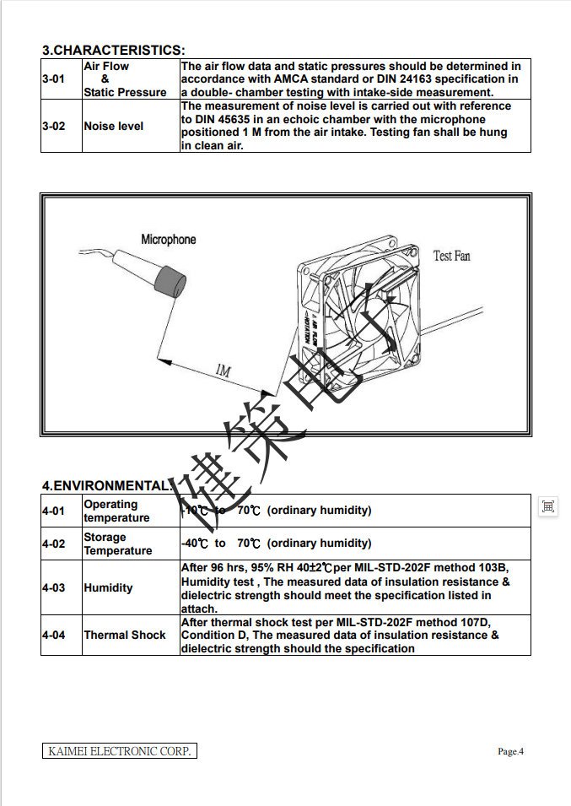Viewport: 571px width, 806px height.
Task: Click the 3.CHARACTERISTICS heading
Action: pos(113,51)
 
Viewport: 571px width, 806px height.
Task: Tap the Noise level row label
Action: pos(113,126)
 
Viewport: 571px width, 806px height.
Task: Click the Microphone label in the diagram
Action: pos(168,240)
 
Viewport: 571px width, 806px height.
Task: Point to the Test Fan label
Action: pos(451,256)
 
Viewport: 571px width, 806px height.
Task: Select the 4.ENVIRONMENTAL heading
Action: pos(106,486)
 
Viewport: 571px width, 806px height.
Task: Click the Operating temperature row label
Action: pos(116,511)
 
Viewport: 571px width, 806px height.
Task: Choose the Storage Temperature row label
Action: pos(117,544)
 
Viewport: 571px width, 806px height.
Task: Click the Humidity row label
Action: pos(108,587)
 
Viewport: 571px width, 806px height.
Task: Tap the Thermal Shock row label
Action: pos(124,635)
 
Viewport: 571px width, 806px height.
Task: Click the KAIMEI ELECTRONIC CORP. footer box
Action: pos(119,750)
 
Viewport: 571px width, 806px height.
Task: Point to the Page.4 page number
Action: pos(510,751)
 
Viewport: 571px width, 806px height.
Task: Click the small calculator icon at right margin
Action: pos(548,506)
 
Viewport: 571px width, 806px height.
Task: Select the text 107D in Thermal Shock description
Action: pos(471,622)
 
